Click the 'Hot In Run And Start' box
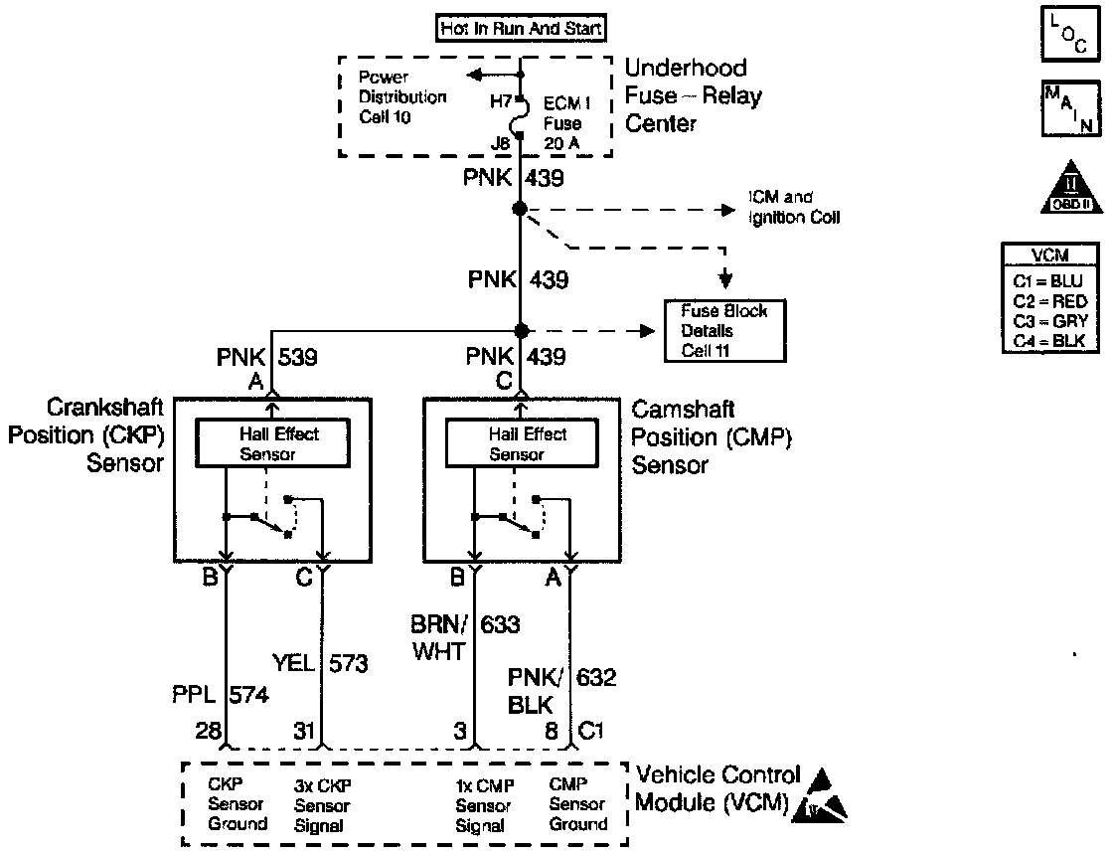click(x=520, y=29)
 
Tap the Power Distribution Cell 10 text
click(x=402, y=97)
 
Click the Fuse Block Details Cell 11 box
click(x=723, y=331)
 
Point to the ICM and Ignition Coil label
click(x=794, y=208)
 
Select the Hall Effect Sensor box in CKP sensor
click(x=271, y=443)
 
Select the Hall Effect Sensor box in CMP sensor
click(x=522, y=443)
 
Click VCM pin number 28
click(x=208, y=731)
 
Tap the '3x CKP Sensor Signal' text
click(x=322, y=804)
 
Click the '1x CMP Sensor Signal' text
click(x=483, y=804)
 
